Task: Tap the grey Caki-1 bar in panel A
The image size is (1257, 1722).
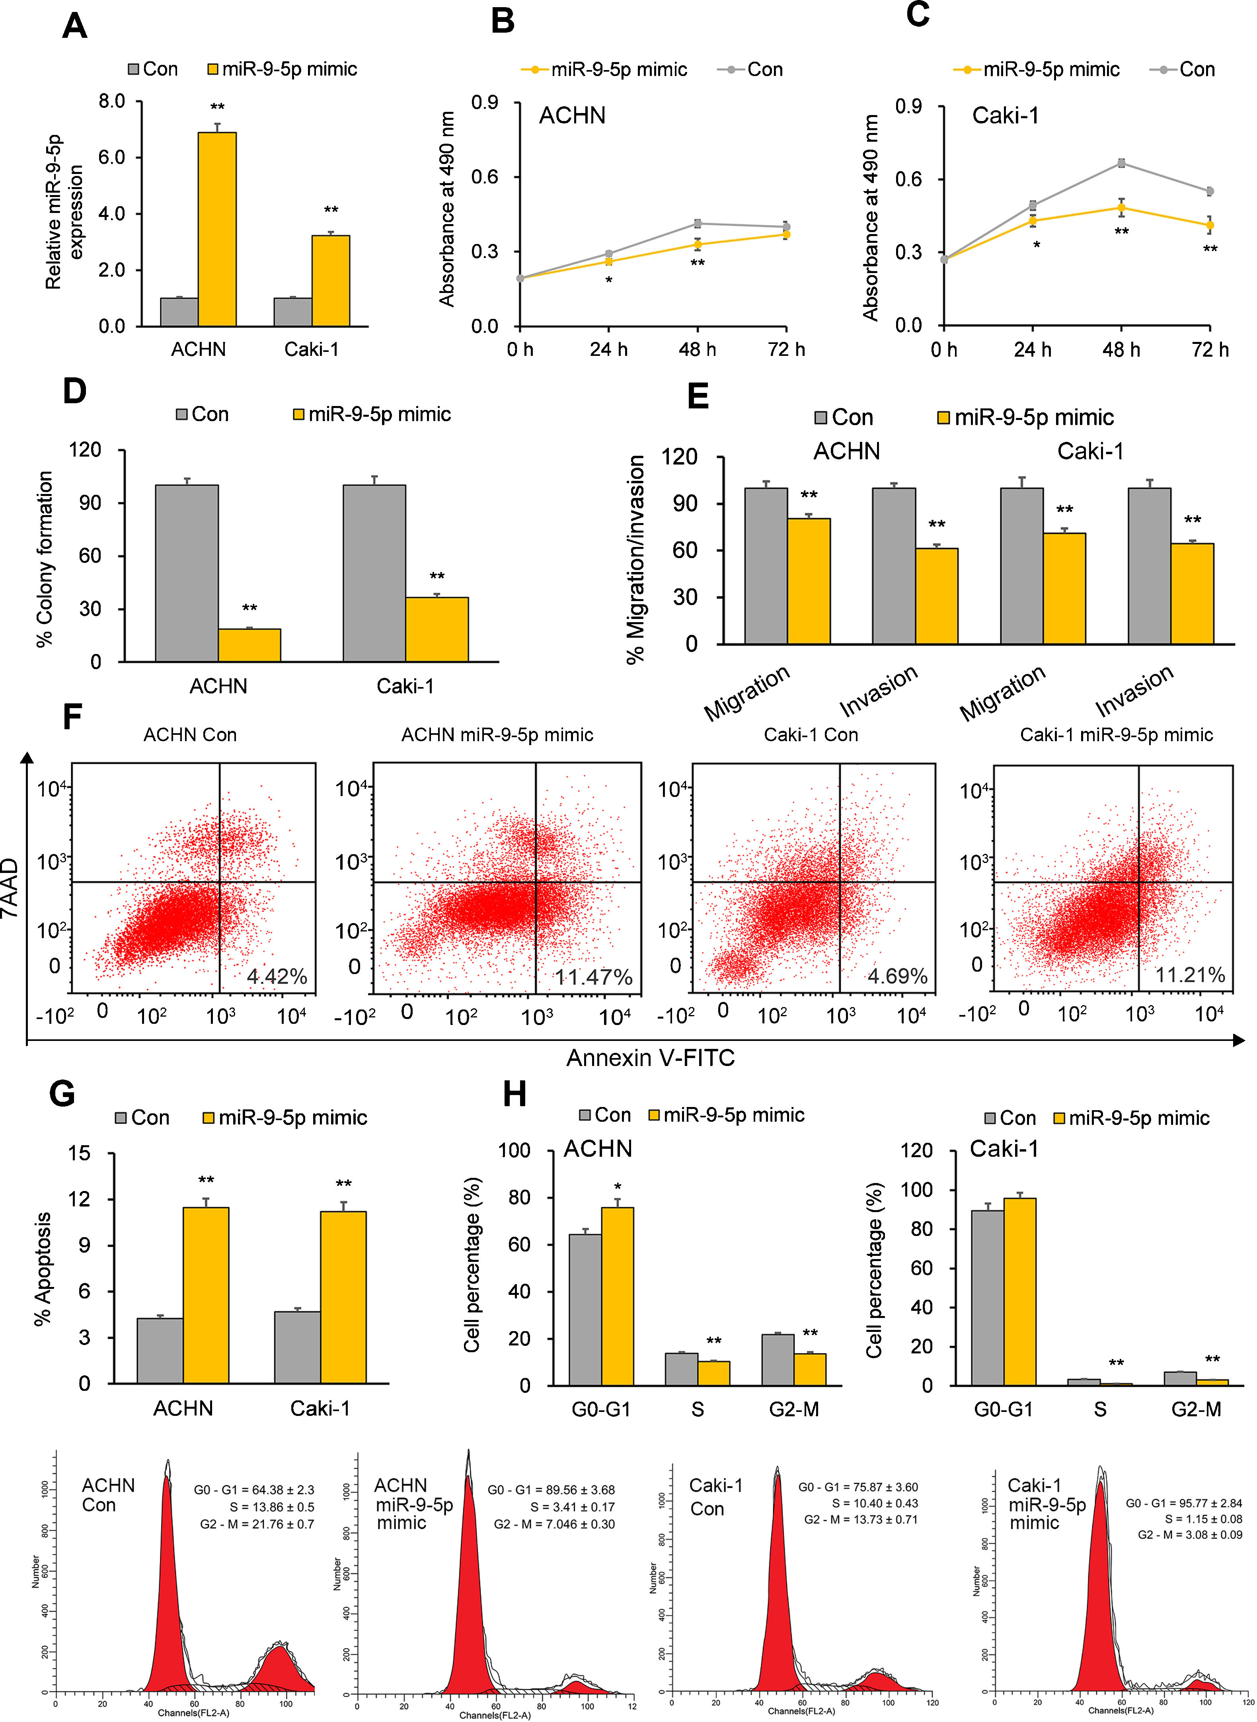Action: tap(293, 312)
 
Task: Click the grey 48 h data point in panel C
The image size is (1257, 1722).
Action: tap(1122, 163)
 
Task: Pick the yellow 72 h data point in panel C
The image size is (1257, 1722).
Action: tap(1210, 225)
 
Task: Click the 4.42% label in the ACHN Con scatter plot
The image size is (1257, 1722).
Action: tap(277, 977)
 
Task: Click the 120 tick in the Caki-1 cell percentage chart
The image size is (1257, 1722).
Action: tap(916, 1150)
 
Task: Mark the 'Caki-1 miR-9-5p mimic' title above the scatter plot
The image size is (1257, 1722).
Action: tap(1116, 735)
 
